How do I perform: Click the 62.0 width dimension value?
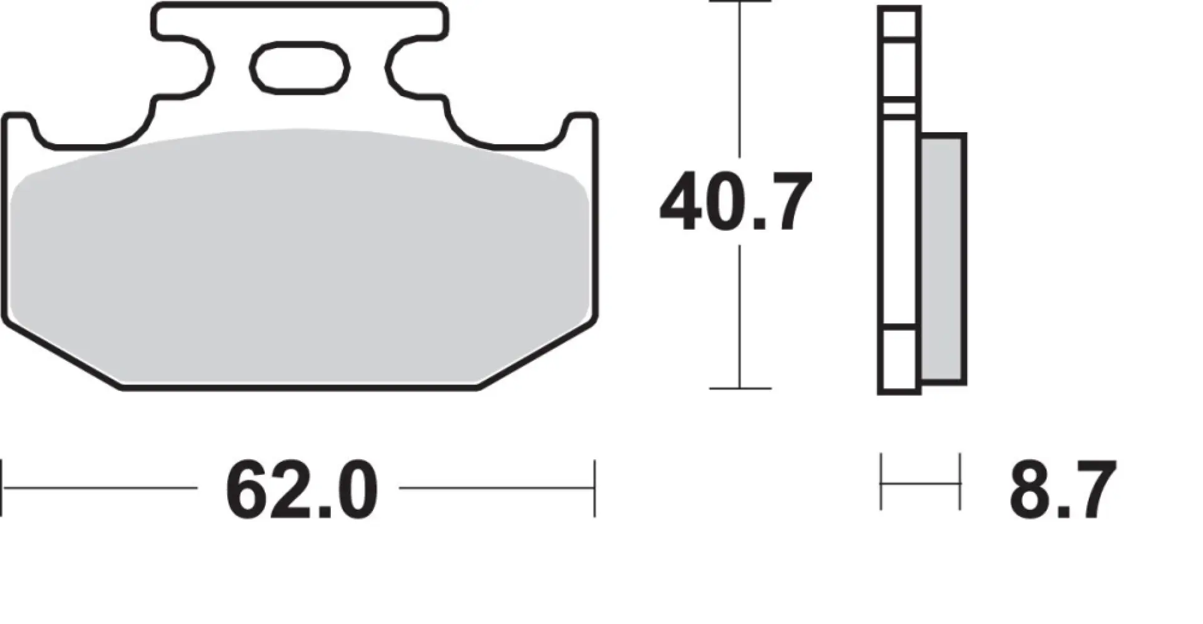(302, 490)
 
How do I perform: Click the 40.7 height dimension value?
(735, 202)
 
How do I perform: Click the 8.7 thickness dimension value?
(1062, 490)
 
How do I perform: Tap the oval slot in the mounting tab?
(300, 67)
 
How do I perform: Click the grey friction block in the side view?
(943, 258)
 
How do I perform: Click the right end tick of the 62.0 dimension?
(594, 488)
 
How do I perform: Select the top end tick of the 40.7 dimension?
(740, 2)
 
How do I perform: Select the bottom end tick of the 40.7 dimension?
(740, 388)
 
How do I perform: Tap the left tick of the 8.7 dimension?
(881, 482)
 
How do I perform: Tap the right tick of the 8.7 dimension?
(960, 482)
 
